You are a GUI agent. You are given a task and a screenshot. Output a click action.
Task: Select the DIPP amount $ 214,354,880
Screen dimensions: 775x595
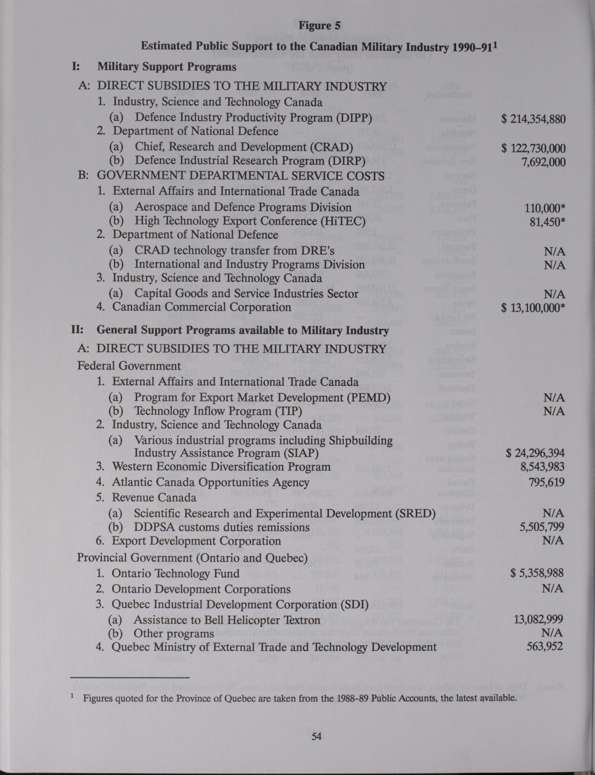[533, 119]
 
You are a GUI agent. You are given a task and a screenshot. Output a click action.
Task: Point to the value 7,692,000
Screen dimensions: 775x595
[543, 162]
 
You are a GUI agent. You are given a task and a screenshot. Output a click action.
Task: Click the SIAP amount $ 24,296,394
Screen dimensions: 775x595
[535, 453]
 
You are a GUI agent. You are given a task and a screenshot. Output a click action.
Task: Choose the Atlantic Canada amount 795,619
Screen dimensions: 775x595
[547, 482]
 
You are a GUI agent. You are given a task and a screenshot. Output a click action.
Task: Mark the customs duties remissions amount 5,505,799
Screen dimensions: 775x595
[542, 527]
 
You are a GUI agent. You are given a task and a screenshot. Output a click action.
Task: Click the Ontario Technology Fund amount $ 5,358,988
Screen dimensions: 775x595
[537, 573]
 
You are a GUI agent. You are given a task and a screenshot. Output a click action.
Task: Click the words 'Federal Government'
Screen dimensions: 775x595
[129, 366]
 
